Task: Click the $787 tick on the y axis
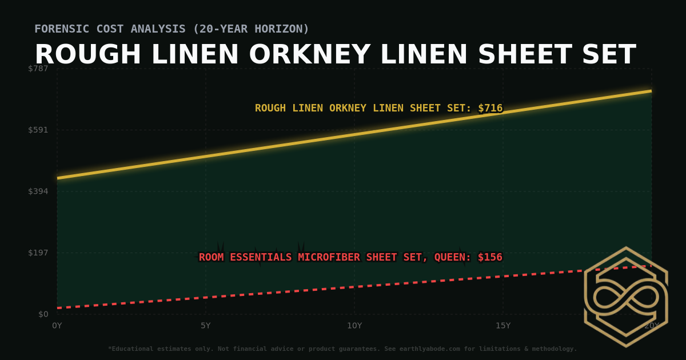coord(38,69)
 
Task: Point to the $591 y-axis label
coord(38,130)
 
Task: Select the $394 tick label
coord(38,191)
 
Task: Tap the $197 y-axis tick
coord(38,253)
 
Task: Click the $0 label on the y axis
coord(43,314)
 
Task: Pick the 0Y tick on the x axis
coord(57,326)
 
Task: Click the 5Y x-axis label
coord(206,326)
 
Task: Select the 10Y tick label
coord(354,326)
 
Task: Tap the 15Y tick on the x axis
coord(503,326)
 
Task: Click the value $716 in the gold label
coord(490,108)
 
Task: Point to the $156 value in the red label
coord(490,257)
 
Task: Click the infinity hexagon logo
coord(625,297)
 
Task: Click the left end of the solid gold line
coord(58,178)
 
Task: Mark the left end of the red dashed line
coord(58,308)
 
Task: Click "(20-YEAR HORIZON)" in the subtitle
coord(251,29)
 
